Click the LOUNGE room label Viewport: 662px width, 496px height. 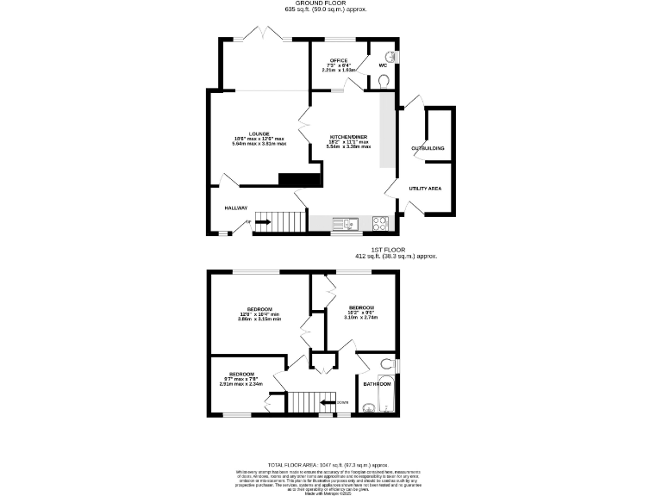259,133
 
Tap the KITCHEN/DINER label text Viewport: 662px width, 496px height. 348,137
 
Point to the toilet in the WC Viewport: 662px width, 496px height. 384,81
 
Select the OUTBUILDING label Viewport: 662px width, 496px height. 428,148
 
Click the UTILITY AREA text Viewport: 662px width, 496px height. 425,187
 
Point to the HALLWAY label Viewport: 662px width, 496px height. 236,208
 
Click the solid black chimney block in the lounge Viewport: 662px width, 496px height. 299,179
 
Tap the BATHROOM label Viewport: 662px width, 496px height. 377,383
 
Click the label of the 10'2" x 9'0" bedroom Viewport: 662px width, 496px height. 361,307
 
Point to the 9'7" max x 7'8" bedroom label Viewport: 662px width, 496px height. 241,374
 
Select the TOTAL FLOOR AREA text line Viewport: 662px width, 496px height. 332,463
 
